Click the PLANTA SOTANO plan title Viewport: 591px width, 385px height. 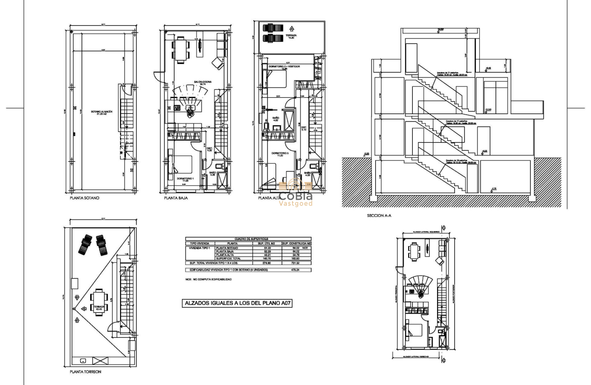tap(84, 198)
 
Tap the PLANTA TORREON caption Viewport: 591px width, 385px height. tap(86, 372)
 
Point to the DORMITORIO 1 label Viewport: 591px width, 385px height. tap(186, 179)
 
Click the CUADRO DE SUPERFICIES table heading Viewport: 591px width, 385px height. tap(247, 239)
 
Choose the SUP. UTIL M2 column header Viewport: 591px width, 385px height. tap(265, 243)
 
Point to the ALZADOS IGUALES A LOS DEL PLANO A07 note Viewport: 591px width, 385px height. tap(237, 303)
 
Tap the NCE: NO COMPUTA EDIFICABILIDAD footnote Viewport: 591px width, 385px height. tap(208, 280)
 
